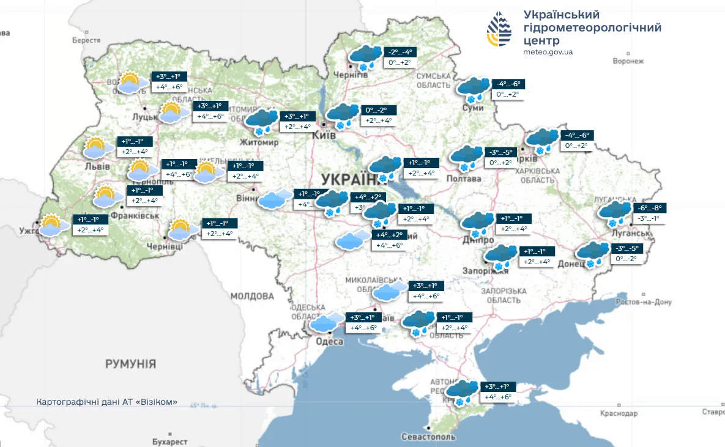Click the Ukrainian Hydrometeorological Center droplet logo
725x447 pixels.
coord(500,29)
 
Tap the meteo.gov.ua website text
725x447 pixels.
coord(548,52)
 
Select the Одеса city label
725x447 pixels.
coord(330,341)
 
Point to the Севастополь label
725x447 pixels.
coord(429,437)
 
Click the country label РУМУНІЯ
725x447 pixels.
coord(130,364)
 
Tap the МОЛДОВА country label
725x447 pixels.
coord(252,297)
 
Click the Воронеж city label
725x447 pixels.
coord(628,61)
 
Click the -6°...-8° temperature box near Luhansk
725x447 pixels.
coord(650,208)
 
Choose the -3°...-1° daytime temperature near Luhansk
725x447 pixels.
coord(649,219)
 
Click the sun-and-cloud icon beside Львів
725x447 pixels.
coord(99,147)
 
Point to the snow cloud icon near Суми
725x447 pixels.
coord(474,89)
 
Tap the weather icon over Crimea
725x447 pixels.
coord(463,391)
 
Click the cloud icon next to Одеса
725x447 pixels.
coord(327,322)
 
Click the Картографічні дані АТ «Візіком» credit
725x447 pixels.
coord(108,402)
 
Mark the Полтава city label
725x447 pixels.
coord(465,179)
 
